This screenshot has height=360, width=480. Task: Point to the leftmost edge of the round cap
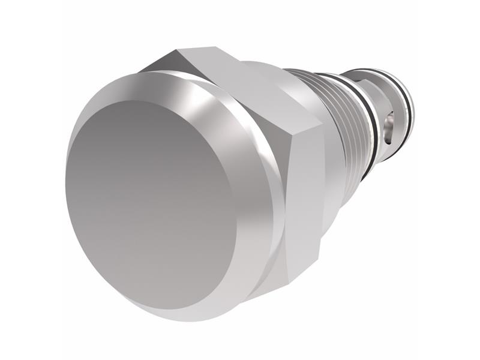(67, 192)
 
